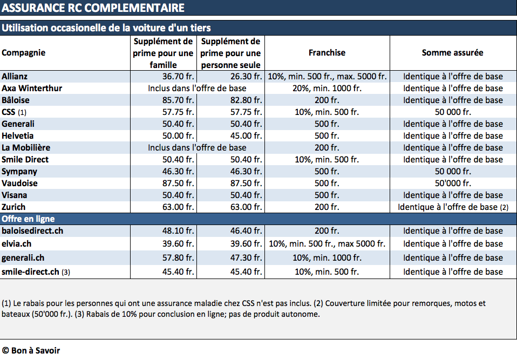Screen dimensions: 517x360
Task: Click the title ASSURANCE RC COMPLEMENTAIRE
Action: [93, 8]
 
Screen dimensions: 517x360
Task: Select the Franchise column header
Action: [327, 53]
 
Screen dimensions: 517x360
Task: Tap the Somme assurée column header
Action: [453, 53]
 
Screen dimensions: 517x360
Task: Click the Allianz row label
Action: [15, 77]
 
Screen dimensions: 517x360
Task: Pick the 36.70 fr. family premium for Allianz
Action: [178, 77]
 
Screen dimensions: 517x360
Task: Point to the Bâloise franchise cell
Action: [326, 100]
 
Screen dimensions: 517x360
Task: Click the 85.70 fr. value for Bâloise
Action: [178, 100]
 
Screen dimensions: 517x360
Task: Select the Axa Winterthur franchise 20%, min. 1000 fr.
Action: [327, 89]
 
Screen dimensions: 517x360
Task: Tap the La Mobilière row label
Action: [26, 148]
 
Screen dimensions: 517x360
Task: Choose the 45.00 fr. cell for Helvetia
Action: [246, 136]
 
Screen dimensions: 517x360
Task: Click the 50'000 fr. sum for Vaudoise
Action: [453, 184]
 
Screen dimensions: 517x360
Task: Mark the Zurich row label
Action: [13, 207]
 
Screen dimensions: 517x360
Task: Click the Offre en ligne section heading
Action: [28, 219]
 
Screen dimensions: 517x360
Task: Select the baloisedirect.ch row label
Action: [32, 231]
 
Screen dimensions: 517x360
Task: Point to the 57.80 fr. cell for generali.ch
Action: [178, 258]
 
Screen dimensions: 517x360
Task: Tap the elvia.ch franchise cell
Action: [327, 244]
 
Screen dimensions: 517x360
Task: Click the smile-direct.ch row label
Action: [36, 272]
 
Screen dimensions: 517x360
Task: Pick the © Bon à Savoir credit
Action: [31, 350]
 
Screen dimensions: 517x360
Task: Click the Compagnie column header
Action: [23, 53]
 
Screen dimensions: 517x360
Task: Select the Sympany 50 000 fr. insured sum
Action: [453, 172]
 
